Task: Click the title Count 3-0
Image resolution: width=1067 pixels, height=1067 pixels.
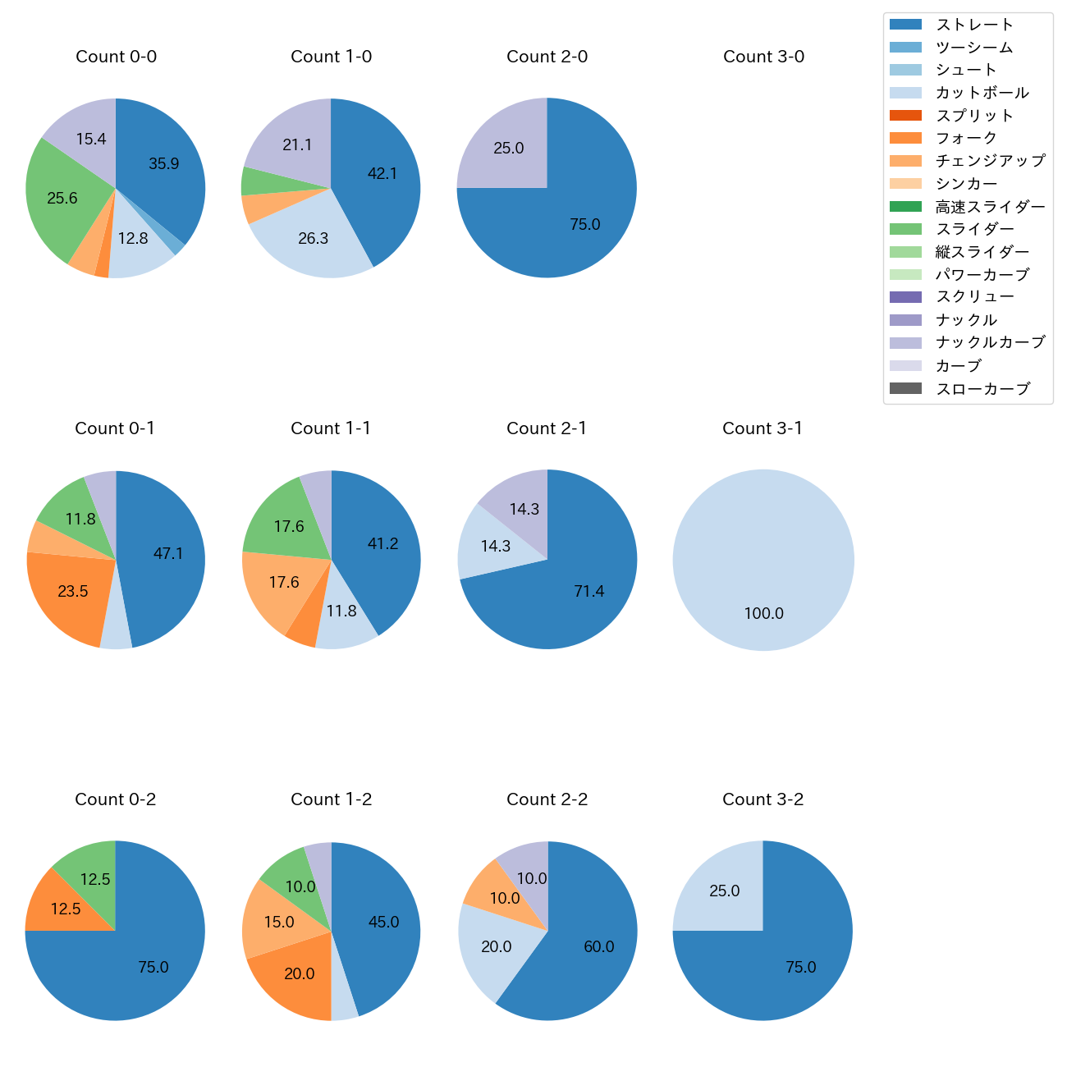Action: (x=763, y=57)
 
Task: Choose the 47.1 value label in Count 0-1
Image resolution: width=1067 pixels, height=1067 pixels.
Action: (x=168, y=554)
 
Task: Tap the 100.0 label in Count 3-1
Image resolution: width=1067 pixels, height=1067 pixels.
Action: (x=763, y=613)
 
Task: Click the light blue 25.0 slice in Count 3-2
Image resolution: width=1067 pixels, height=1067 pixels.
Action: (x=724, y=891)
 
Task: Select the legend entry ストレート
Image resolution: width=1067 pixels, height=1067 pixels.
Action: (x=974, y=25)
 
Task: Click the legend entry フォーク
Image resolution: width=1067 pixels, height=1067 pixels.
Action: (x=966, y=138)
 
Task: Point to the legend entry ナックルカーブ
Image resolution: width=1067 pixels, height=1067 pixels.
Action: (x=990, y=342)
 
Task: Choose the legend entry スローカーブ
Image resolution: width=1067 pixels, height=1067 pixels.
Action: (x=982, y=388)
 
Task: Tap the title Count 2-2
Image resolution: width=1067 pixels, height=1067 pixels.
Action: (x=547, y=799)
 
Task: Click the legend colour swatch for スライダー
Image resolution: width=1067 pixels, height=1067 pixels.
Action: (x=905, y=229)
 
